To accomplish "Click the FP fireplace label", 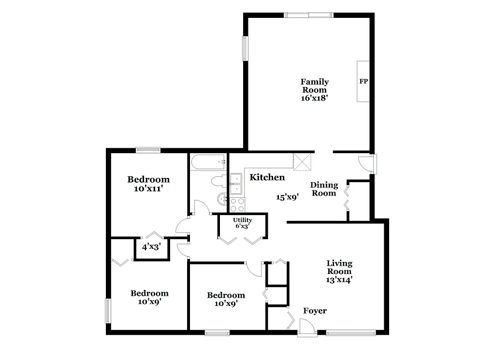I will [364, 82].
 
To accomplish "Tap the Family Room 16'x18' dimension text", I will [315, 98].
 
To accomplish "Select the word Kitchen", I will [267, 177].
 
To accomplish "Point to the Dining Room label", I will [323, 189].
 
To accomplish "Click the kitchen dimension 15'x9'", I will [288, 197].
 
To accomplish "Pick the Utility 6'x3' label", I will [242, 223].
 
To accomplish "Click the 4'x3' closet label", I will [151, 247].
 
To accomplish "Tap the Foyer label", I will [315, 311].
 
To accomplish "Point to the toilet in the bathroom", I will [218, 181].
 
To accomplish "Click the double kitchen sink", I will [236, 184].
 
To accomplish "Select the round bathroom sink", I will [223, 198].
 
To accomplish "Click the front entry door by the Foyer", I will [307, 330].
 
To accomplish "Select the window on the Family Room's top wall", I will [308, 15].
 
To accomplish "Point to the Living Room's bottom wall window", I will [350, 332].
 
